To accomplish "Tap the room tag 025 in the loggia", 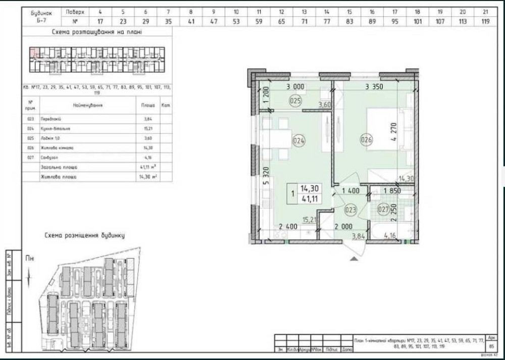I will [x=295, y=101].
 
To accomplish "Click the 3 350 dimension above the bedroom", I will [x=374, y=87].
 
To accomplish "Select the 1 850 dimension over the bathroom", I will [x=392, y=191].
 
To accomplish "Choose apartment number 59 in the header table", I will [x=259, y=22].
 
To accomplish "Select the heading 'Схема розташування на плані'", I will [x=97, y=31].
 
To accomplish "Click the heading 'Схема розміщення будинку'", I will [x=84, y=235].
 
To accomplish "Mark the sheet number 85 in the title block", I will [x=492, y=346].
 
